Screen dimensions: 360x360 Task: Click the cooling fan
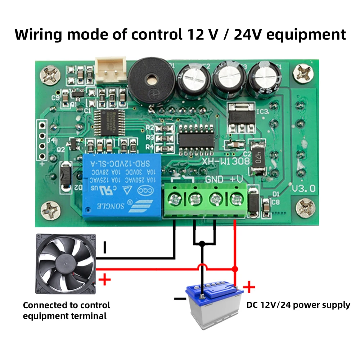coord(66,264)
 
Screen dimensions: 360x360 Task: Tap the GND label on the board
coord(214,179)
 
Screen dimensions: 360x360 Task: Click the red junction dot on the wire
coord(235,269)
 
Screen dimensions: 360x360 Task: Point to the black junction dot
coord(202,244)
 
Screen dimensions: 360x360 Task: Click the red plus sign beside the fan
coord(104,279)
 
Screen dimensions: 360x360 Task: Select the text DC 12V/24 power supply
coord(298,305)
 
